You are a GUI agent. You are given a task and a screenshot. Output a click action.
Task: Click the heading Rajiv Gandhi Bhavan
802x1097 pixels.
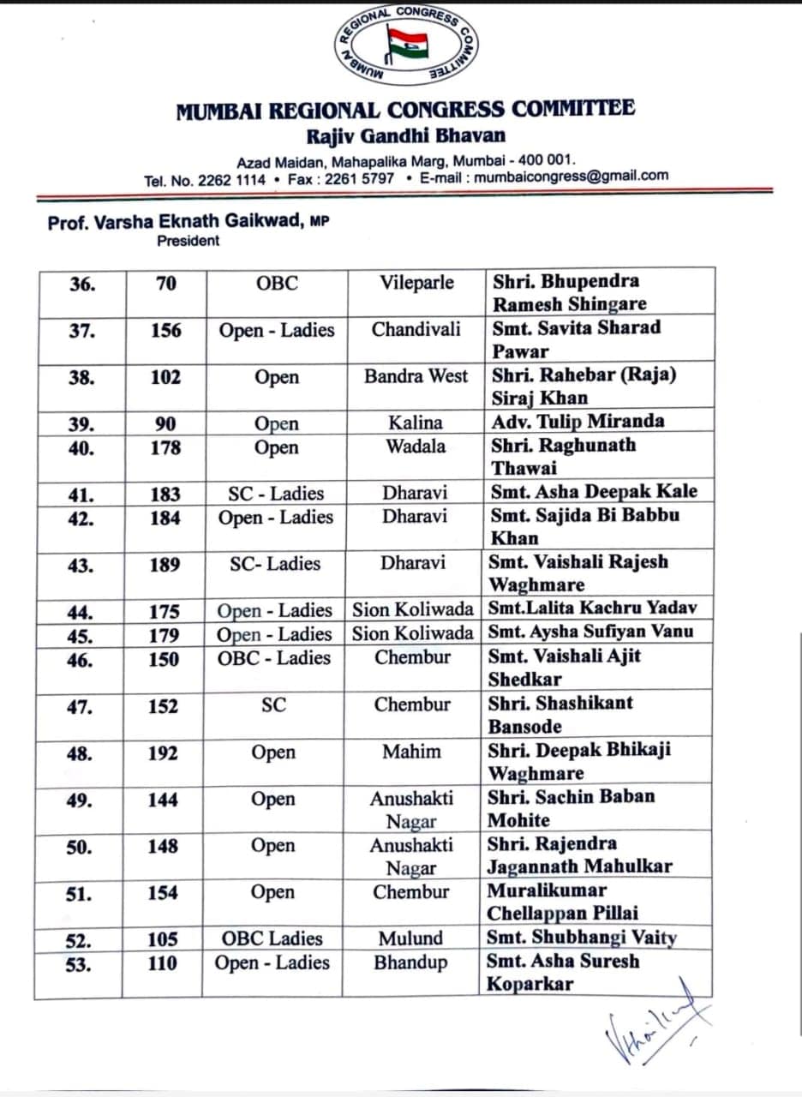click(406, 135)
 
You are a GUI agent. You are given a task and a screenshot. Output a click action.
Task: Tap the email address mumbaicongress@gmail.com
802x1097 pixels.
click(571, 177)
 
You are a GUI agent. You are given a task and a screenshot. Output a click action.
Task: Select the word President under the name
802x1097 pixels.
click(188, 241)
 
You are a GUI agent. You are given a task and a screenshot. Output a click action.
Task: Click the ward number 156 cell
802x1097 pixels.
click(166, 330)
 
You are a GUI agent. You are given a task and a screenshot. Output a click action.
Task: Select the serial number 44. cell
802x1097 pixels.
click(81, 612)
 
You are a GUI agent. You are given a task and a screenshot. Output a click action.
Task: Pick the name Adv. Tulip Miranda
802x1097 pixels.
click(578, 421)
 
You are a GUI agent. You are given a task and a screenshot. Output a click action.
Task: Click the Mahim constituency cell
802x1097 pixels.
click(412, 752)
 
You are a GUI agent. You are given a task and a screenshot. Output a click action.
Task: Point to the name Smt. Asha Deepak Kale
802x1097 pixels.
click(593, 492)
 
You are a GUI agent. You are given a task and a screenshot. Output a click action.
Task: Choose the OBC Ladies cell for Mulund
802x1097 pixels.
click(272, 938)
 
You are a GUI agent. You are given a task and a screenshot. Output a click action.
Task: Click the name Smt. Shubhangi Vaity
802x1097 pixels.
click(581, 938)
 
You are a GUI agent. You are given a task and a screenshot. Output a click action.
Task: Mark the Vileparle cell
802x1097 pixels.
click(417, 283)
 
